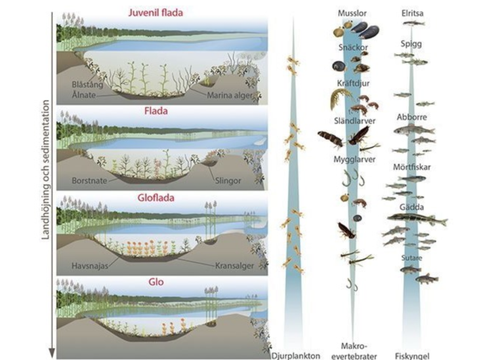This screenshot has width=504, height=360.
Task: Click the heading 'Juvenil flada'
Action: pos(156,13)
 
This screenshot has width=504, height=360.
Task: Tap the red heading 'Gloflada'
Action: pos(156,198)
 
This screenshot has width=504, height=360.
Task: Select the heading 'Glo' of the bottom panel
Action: pos(156,282)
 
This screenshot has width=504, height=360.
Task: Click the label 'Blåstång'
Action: pos(87,85)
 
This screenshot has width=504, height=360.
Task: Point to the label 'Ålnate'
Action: pos(83,95)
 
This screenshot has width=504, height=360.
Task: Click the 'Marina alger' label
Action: pos(230,95)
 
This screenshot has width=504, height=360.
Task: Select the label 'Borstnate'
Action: pos(89,180)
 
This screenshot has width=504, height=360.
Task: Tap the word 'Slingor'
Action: pos(228,181)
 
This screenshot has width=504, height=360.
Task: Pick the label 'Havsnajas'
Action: pos(90,266)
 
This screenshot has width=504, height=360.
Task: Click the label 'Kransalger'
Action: pos(234,266)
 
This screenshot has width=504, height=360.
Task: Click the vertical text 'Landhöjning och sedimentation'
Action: pos(46,170)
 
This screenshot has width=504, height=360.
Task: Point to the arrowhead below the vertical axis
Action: pos(52,353)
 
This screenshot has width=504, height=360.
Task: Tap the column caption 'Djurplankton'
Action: pos(296,356)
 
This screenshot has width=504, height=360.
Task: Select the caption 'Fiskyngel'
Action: pos(412,356)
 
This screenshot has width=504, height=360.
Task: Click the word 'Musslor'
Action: pos(352,13)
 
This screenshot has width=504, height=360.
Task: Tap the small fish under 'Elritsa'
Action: pos(413,23)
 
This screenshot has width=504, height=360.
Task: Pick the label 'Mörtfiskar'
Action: pos(411,167)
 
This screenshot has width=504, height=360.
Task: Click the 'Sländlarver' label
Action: pos(354,121)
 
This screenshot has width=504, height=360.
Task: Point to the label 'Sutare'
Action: pos(411,258)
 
